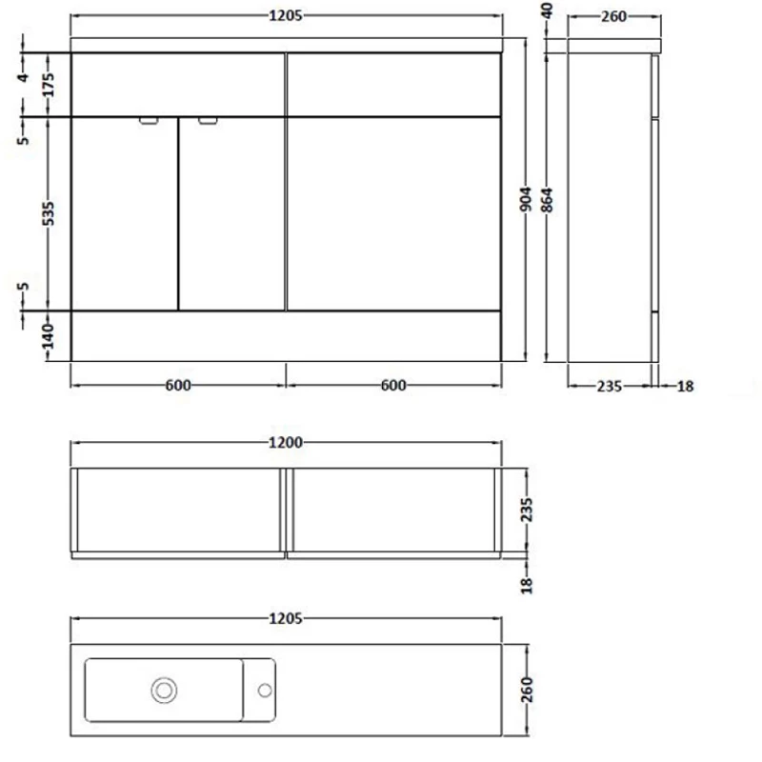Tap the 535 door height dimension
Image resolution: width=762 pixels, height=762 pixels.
tap(50, 213)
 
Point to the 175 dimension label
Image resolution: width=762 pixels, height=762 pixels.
tap(50, 86)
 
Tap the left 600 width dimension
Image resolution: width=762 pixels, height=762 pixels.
tap(178, 385)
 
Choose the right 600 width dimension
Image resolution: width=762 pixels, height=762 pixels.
tap(392, 385)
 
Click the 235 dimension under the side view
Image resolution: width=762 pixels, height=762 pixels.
tap(609, 386)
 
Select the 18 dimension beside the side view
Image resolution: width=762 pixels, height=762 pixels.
tap(685, 386)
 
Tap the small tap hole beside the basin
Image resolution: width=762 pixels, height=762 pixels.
tap(264, 689)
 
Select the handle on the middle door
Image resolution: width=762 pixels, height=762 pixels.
tap(208, 121)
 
